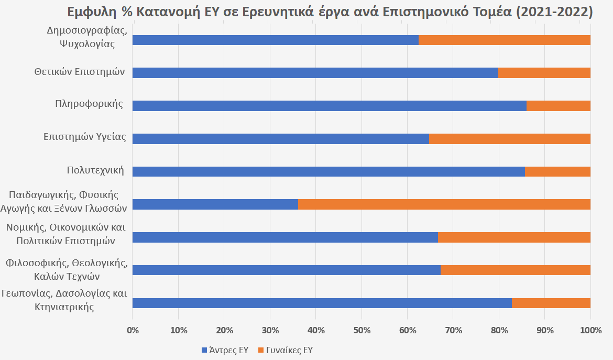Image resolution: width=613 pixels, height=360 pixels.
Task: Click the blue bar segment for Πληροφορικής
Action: click(x=329, y=106)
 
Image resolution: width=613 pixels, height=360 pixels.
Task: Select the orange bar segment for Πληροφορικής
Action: click(x=559, y=106)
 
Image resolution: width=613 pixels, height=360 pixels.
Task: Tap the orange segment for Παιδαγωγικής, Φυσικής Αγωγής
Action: click(x=444, y=204)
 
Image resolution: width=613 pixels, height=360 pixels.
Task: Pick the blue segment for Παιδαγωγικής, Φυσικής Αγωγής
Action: click(x=215, y=204)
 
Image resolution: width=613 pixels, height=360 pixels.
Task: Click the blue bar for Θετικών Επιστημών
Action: click(x=315, y=73)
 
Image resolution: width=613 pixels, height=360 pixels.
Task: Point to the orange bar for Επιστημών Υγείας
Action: click(x=510, y=139)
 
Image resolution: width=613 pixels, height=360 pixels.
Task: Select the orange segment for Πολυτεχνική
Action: click(x=557, y=171)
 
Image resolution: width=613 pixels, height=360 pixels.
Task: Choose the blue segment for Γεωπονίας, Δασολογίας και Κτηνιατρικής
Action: click(x=322, y=303)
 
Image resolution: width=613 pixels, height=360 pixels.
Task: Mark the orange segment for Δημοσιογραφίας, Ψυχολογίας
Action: click(x=505, y=40)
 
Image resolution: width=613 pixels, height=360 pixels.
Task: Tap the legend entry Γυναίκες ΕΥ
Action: click(x=285, y=350)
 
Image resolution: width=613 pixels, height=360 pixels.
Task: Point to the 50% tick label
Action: click(x=362, y=331)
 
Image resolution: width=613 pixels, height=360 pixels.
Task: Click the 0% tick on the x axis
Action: click(x=133, y=331)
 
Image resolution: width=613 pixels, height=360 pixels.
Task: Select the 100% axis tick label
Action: click(x=590, y=331)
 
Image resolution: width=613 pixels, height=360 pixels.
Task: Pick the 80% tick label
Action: click(x=499, y=331)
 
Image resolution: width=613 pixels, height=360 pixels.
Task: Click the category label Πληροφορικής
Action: click(x=89, y=103)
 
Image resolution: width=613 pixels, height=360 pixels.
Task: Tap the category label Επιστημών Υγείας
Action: click(x=85, y=137)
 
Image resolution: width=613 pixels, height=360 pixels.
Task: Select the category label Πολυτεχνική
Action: click(x=95, y=170)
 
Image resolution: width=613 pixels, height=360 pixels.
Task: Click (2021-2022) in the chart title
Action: click(x=554, y=12)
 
